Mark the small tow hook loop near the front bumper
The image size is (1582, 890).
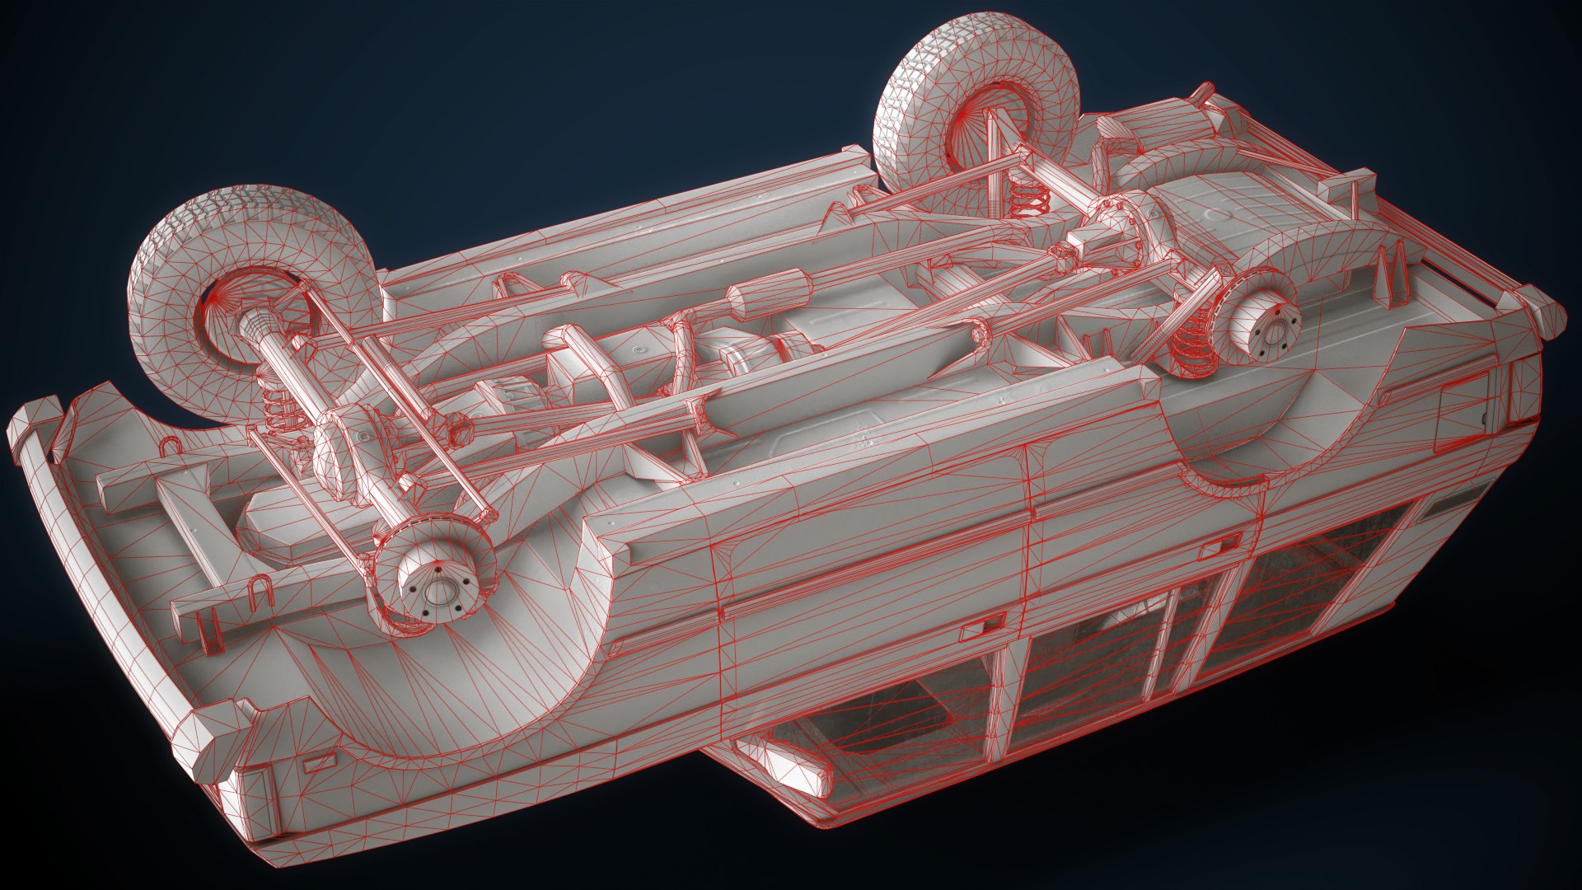pyautogui.click(x=171, y=447)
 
